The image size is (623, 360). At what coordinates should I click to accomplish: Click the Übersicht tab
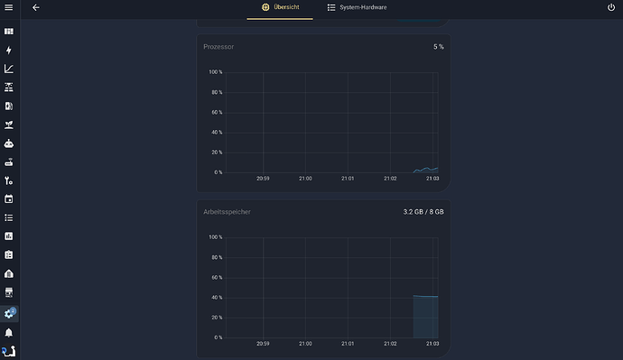point(280,7)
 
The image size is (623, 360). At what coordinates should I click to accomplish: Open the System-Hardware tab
point(357,7)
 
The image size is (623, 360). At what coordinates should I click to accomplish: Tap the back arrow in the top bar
point(36,7)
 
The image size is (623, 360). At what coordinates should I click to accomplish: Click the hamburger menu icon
point(9,7)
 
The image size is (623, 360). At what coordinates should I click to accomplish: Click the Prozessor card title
point(219,47)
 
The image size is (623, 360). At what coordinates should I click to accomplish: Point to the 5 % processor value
point(438,47)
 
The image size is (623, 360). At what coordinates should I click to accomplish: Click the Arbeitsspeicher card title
point(227,212)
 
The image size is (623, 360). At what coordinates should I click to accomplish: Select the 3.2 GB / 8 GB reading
point(423,212)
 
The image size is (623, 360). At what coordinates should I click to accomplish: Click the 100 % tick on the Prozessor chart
point(216,72)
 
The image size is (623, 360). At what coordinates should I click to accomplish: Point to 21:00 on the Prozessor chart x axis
point(305,179)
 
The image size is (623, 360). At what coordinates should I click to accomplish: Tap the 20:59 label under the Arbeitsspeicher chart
point(263,344)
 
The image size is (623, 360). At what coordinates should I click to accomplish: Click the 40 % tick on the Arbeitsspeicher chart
point(217,297)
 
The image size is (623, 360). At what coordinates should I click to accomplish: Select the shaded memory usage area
point(425,317)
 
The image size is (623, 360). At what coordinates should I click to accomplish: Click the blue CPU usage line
point(425,170)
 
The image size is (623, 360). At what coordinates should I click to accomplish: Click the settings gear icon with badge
point(9,314)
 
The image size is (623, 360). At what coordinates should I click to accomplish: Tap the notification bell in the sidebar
point(9,333)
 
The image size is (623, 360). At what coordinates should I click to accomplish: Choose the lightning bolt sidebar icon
point(9,50)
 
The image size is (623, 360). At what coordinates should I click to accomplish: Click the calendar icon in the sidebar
point(9,198)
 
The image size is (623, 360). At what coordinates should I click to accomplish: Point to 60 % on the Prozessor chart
point(217,112)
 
